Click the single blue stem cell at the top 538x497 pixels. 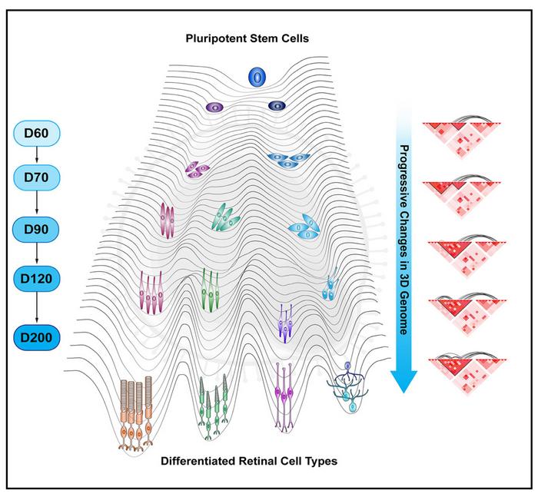[257, 77]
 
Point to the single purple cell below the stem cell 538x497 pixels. [214, 109]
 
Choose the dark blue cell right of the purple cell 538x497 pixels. [277, 106]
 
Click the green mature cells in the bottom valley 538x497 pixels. [213, 404]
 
